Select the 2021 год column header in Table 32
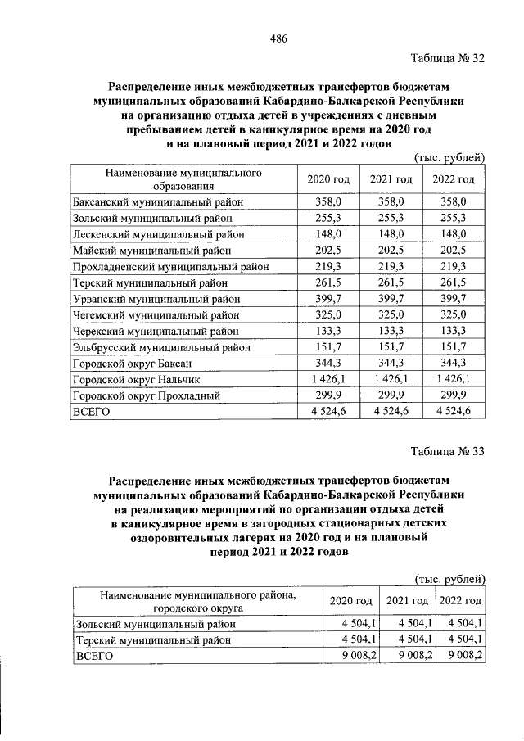(390, 179)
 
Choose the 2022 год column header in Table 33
(460, 601)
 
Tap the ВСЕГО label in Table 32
(92, 412)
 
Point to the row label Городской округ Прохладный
(147, 395)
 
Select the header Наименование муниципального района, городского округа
(196, 601)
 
